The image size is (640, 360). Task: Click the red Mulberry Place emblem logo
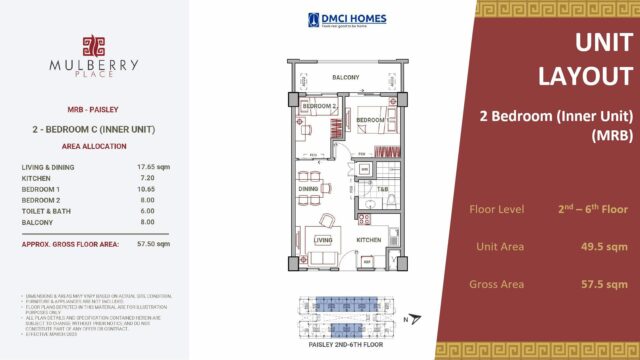point(93,46)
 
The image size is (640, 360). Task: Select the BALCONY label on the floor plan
point(346,77)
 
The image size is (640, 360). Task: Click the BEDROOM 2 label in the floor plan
point(319,106)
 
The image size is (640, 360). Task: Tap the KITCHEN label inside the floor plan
point(369,240)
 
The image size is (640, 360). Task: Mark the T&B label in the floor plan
point(382,188)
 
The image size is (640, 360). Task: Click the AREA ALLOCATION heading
point(92,146)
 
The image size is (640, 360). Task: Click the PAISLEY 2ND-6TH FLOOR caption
point(346,343)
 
